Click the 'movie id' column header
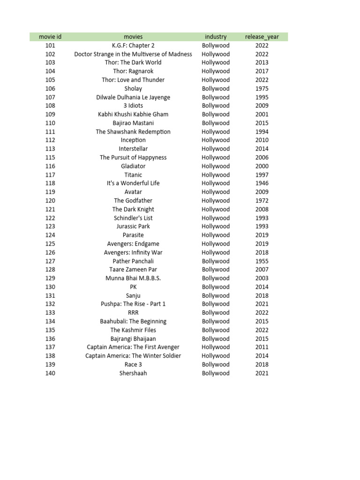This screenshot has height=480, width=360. click(x=50, y=37)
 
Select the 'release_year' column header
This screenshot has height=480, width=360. click(x=262, y=37)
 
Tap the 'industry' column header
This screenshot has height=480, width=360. click(x=216, y=37)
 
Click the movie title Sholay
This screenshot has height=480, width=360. click(x=133, y=89)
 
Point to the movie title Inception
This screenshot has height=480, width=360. click(x=133, y=140)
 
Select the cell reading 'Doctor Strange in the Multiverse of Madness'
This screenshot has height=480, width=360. click(x=133, y=54)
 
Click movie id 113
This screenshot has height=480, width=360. click(x=50, y=149)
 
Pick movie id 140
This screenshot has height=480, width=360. click(x=50, y=373)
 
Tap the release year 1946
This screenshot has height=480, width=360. click(x=262, y=183)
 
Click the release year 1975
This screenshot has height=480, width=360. click(x=262, y=89)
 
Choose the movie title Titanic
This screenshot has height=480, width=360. click(x=133, y=175)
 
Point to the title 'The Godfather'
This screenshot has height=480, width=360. click(x=133, y=201)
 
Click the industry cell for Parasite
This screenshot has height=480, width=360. click(x=216, y=235)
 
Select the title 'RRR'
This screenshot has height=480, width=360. click(x=133, y=313)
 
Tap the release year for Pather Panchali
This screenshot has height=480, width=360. click(x=262, y=261)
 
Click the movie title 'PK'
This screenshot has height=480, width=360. click(x=133, y=287)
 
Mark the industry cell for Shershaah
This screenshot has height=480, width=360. click(x=216, y=373)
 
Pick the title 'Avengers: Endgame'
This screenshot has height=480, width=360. click(x=133, y=244)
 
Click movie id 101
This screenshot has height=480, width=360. click(x=50, y=45)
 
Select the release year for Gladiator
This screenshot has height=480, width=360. click(x=262, y=166)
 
